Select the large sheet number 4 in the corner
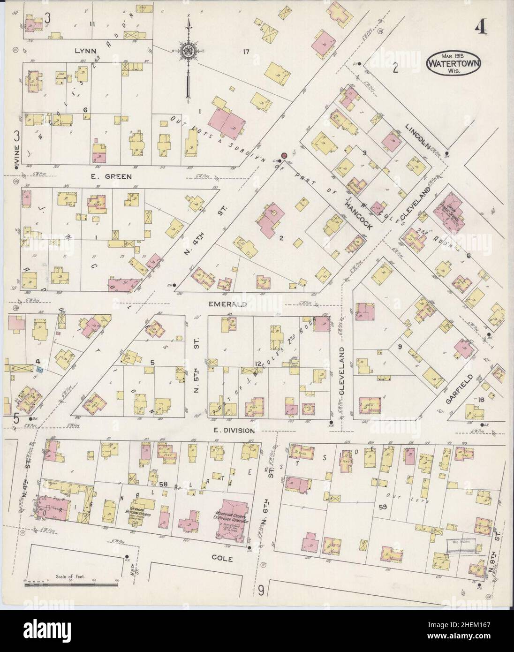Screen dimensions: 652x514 tap(480, 29)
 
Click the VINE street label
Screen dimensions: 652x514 tap(17, 160)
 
